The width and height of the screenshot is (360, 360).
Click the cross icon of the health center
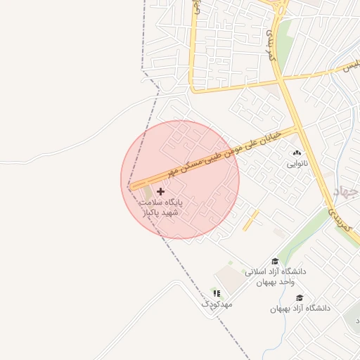(161, 191)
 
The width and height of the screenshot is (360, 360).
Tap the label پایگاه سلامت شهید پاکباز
(160, 206)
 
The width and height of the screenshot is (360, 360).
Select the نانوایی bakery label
(296, 164)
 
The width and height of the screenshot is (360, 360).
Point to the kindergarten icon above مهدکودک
(217, 292)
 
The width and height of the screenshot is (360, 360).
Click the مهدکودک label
(217, 304)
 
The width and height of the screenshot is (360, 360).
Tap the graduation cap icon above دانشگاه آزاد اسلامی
(275, 261)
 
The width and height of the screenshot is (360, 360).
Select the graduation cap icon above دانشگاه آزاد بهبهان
(300, 297)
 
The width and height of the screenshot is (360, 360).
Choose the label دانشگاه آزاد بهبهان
(300, 309)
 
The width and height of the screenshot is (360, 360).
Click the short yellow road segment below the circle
(251, 220)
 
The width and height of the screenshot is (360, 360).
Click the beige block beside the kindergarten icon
(229, 276)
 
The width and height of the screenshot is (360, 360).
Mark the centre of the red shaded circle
(180, 179)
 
